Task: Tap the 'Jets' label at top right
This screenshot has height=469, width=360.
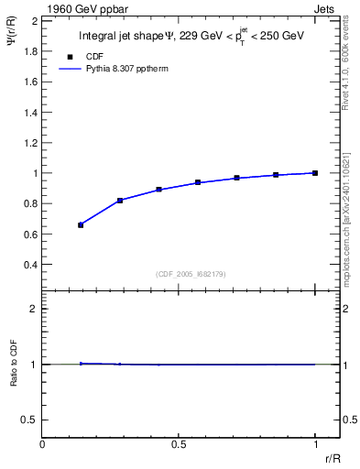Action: (324, 8)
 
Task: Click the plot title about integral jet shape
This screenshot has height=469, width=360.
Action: (191, 36)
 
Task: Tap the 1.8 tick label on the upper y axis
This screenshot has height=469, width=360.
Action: (30, 50)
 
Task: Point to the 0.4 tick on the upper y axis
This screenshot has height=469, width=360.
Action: (30, 265)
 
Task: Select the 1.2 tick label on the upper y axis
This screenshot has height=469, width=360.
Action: (30, 142)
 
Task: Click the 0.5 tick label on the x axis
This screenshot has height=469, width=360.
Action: (179, 443)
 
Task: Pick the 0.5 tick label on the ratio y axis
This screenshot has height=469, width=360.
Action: (30, 420)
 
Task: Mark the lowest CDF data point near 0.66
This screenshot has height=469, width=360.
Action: (81, 224)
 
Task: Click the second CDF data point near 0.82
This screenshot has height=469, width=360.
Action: (120, 200)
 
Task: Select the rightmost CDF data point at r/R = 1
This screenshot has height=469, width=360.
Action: (315, 172)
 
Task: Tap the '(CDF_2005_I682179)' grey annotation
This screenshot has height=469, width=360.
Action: (192, 273)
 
